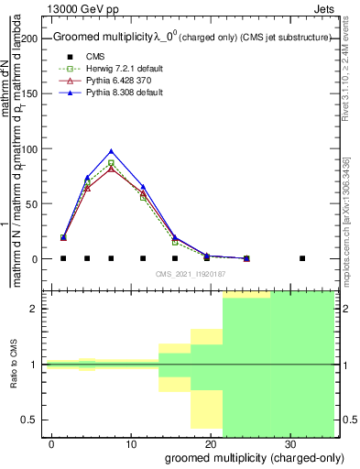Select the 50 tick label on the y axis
pyautogui.click(x=35, y=203)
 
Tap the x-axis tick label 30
pyautogui.click(x=289, y=444)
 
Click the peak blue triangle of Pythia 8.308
pyautogui.click(x=111, y=151)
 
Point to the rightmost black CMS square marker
pyautogui.click(x=302, y=258)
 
